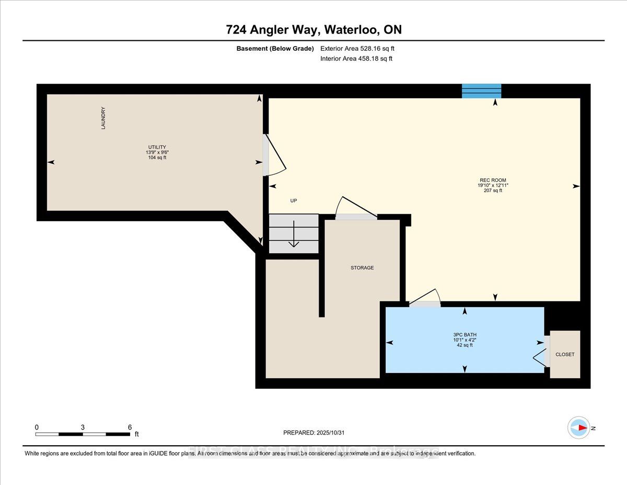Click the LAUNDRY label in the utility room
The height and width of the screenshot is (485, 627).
click(x=104, y=118)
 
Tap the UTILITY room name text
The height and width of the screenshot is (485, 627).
click(x=156, y=147)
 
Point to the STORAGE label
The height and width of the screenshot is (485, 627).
click(x=362, y=268)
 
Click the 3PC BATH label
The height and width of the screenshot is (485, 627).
click(x=465, y=335)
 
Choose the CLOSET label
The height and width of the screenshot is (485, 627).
click(x=565, y=354)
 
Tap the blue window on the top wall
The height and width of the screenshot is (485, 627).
click(x=481, y=91)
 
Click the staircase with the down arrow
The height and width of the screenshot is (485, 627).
click(x=293, y=233)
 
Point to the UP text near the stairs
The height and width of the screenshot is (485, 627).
click(x=293, y=201)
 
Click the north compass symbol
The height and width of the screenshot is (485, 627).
click(x=579, y=427)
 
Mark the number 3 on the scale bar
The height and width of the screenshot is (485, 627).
click(x=83, y=427)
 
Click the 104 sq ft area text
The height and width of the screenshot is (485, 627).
click(x=156, y=157)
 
